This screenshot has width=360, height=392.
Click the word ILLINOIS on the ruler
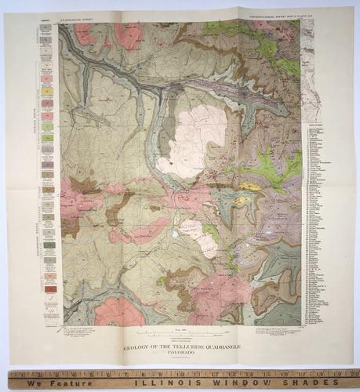pos(167,384)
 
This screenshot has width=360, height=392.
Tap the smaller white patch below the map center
pos(198,236)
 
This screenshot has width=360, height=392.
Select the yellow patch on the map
pos(250,187)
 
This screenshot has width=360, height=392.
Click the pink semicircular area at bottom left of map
pos(119,312)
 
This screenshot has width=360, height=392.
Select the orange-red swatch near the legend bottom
pos(49,289)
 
